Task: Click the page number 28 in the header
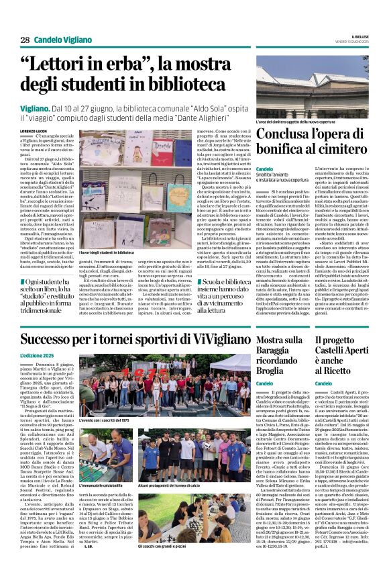click(25, 40)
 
